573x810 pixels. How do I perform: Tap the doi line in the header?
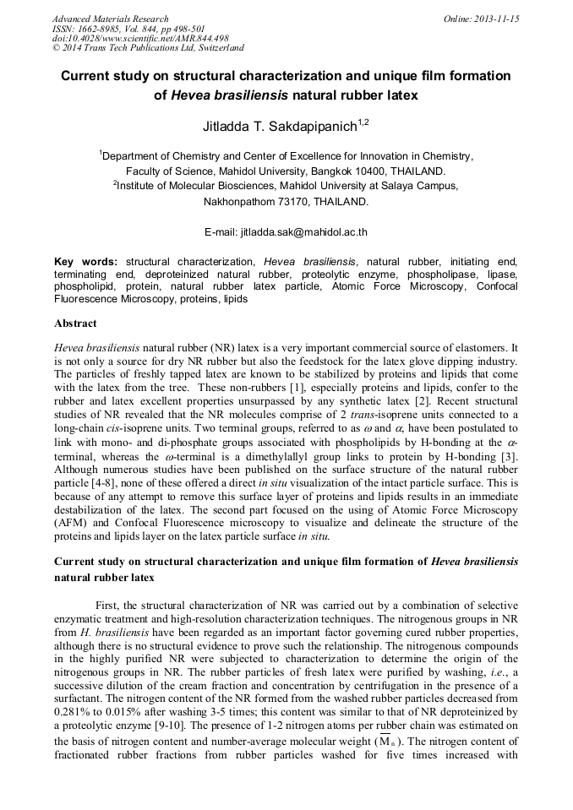pos(140,39)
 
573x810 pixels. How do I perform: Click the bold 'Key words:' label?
pos(86,262)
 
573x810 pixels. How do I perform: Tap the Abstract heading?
pos(75,323)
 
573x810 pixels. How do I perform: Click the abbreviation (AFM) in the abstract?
pos(72,523)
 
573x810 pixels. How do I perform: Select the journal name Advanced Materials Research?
pos(110,19)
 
